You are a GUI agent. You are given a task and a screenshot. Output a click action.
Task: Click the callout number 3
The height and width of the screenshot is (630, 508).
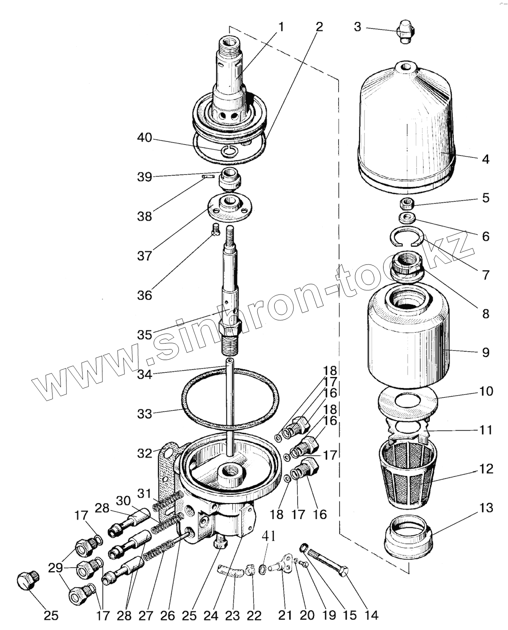tap(358, 27)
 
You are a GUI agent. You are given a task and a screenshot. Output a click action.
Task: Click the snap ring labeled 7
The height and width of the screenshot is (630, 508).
tap(406, 237)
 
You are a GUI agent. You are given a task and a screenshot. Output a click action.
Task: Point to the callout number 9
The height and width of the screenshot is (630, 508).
tap(486, 352)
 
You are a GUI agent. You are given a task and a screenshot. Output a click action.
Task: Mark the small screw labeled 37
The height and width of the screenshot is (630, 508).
tap(216, 230)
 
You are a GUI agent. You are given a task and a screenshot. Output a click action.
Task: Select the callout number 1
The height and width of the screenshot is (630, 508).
tap(281, 27)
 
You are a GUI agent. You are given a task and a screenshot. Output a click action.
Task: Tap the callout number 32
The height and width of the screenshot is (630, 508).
tap(144, 453)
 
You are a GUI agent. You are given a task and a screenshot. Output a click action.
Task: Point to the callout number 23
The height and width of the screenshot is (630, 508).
tap(232, 615)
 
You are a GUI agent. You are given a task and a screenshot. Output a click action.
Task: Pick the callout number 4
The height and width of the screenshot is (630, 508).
tap(486, 159)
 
